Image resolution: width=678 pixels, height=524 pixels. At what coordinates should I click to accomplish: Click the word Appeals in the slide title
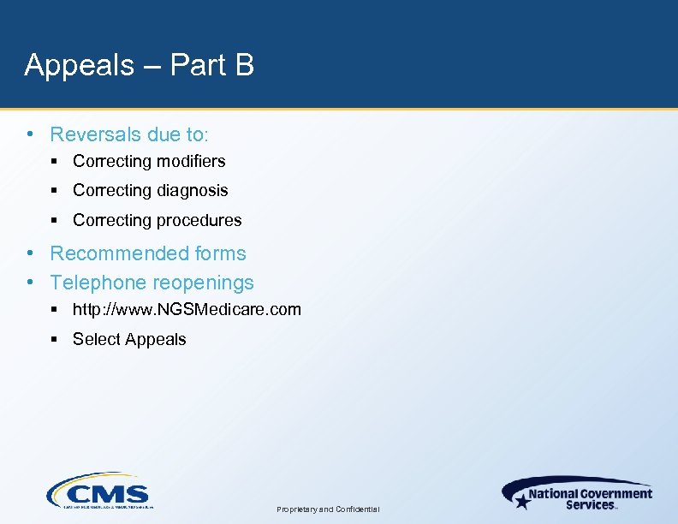click(x=80, y=65)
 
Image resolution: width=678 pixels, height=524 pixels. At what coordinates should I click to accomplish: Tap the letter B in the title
click(x=243, y=65)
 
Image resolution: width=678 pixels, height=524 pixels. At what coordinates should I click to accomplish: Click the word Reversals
click(x=96, y=134)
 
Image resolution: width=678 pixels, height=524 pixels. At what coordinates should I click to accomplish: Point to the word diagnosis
click(x=192, y=191)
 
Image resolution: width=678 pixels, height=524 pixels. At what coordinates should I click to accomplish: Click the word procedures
click(x=199, y=221)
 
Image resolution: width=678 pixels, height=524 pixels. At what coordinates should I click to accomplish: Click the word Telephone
click(x=95, y=283)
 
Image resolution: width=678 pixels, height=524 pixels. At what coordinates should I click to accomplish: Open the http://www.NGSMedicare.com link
click(x=187, y=309)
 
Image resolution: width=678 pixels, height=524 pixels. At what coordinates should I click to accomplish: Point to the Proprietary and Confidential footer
click(x=329, y=509)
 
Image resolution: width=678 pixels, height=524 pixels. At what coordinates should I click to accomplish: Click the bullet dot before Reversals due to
click(x=30, y=134)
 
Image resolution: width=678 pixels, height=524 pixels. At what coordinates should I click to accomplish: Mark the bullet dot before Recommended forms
click(x=30, y=253)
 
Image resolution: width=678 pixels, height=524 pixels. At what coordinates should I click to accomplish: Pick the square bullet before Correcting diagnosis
click(x=54, y=191)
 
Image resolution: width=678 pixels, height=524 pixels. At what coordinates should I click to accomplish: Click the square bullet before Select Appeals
click(x=54, y=339)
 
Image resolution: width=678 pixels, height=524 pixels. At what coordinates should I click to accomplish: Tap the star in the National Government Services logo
click(x=520, y=499)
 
